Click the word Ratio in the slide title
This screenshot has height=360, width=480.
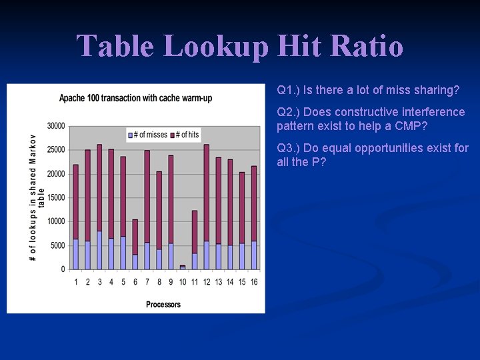pyautogui.click(x=367, y=47)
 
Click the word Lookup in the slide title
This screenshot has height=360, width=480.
pyautogui.click(x=216, y=47)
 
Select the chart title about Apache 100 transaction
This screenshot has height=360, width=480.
pyautogui.click(x=135, y=98)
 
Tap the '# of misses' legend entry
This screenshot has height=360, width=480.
pyautogui.click(x=147, y=135)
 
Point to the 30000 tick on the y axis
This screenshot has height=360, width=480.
pyautogui.click(x=56, y=126)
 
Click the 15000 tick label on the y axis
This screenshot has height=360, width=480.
pyautogui.click(x=56, y=197)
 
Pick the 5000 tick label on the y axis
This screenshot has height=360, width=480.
pyautogui.click(x=58, y=245)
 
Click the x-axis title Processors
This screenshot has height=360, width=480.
pyautogui.click(x=163, y=305)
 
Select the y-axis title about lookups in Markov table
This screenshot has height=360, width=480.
pyautogui.click(x=37, y=197)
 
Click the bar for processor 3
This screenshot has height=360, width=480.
pyautogui.click(x=99, y=207)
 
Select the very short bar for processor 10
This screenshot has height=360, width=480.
pyautogui.click(x=183, y=267)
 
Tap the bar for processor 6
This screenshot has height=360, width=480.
pyautogui.click(x=135, y=244)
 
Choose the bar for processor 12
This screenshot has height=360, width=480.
pyautogui.click(x=206, y=207)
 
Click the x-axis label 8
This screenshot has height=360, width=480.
pyautogui.click(x=159, y=282)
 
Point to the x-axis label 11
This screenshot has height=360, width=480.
pyautogui.click(x=194, y=282)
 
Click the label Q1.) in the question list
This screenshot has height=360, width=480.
pyautogui.click(x=289, y=90)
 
